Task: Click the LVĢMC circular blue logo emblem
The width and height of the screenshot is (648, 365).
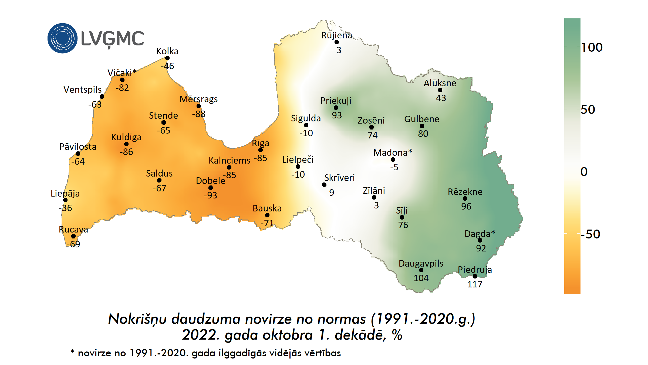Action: (x=62, y=38)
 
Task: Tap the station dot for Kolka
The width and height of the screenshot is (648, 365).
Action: (x=167, y=58)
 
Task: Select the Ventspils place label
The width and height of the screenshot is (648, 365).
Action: (x=82, y=89)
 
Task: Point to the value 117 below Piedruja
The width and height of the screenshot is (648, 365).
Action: (x=475, y=284)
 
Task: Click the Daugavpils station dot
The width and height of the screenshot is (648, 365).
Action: (x=421, y=270)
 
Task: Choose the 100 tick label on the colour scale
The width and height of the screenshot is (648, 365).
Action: (x=592, y=47)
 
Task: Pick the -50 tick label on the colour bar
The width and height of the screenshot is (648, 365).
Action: (x=590, y=234)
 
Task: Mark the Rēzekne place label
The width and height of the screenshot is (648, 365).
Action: (x=465, y=192)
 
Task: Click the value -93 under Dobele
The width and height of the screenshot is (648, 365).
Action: (x=210, y=195)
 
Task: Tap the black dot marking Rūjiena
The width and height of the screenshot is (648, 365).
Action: (x=337, y=42)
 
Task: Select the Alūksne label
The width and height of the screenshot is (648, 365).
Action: (x=440, y=83)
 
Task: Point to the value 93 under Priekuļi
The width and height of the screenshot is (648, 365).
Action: (x=337, y=115)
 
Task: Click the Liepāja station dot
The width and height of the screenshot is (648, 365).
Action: (x=65, y=200)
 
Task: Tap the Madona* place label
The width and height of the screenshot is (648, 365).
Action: (x=393, y=152)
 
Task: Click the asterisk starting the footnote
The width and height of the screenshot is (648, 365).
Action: (x=72, y=351)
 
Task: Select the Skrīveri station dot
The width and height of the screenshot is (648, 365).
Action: (x=324, y=185)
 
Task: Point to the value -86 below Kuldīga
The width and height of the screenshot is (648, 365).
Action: (x=126, y=152)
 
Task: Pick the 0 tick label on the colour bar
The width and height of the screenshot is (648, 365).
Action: (x=584, y=172)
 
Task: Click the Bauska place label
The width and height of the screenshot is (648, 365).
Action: (x=267, y=208)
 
